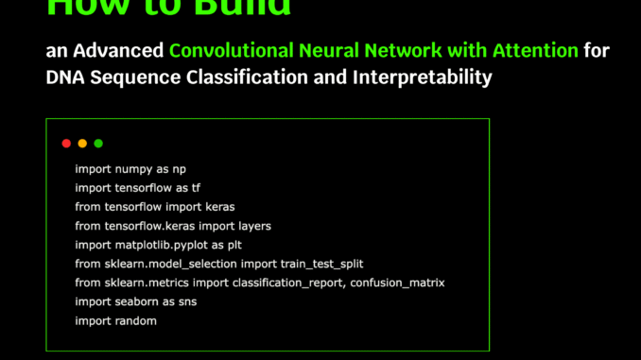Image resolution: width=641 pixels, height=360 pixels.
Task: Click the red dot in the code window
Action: [66, 144]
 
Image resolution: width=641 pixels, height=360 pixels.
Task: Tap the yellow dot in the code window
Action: [82, 144]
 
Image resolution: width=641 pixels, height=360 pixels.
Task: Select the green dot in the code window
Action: [98, 144]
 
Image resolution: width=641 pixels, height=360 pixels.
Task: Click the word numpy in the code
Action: [132, 169]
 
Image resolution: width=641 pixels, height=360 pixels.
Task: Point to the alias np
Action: [180, 169]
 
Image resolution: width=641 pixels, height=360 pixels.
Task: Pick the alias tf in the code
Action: [196, 188]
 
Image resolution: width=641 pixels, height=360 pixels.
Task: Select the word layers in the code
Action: [253, 226]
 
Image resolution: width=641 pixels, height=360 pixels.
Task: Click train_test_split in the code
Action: [320, 264]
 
